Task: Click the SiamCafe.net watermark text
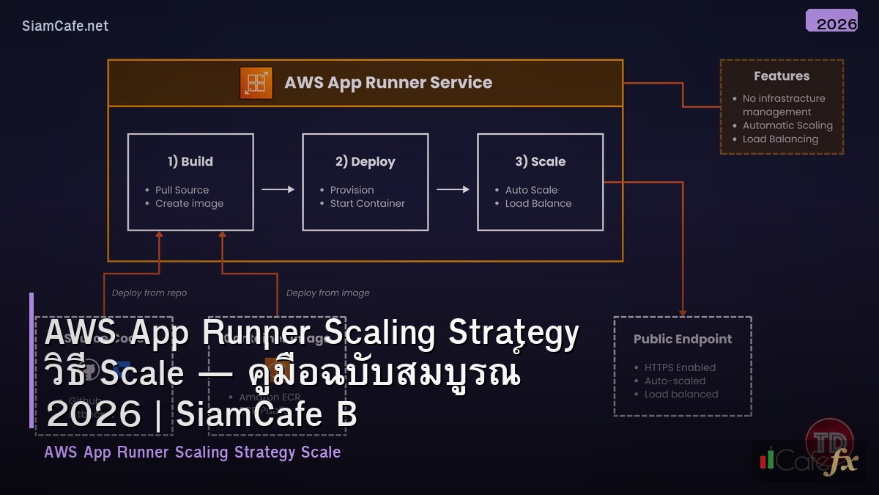coord(65,26)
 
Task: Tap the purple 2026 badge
coord(831,22)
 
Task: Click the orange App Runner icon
coord(256,83)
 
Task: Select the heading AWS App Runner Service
coord(388,83)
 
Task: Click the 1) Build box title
coord(190,161)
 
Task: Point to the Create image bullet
coord(189,203)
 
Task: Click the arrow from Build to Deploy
coord(278,189)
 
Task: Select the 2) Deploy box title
coord(365,161)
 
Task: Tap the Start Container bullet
coord(367,203)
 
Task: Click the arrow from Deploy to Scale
coord(453,189)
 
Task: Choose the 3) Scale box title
coord(540,161)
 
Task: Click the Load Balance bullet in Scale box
coord(538,203)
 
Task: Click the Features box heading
coord(782,76)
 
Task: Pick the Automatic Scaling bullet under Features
coord(787,125)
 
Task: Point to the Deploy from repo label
coord(149,293)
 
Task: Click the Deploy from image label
coord(327,293)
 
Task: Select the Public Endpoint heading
coord(682,339)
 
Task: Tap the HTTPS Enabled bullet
coord(680,367)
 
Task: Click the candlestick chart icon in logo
coord(768,460)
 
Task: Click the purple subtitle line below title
coord(192,452)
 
